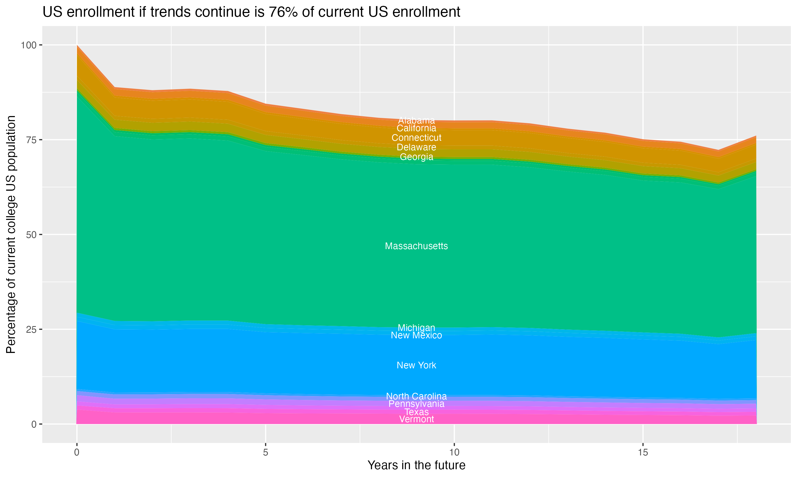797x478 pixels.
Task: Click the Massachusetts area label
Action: [416, 246]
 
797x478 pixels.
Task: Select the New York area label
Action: [416, 365]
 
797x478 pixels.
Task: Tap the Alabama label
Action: [416, 121]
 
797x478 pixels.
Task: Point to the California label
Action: [416, 128]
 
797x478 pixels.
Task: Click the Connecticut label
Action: [416, 138]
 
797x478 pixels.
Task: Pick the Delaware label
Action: [416, 147]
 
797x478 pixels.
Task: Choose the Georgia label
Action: [416, 157]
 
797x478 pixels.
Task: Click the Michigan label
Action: [416, 328]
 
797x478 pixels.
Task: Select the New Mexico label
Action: [416, 335]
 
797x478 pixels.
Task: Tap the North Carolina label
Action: [416, 396]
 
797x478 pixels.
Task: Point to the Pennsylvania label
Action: [416, 404]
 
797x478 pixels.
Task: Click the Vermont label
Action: [416, 419]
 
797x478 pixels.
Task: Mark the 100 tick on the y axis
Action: [28, 45]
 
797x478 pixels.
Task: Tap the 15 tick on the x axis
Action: [643, 453]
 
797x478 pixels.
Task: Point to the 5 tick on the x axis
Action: [265, 453]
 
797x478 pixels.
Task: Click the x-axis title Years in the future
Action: [416, 465]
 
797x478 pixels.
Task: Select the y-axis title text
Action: [11, 234]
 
